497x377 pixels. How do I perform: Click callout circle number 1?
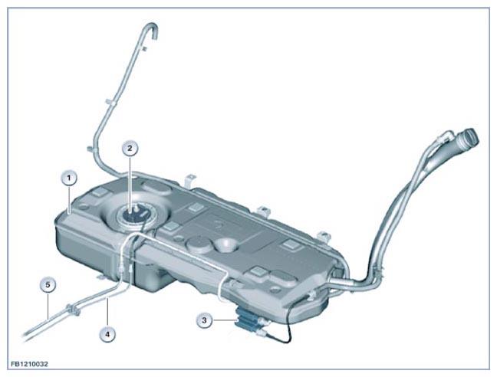click(70, 179)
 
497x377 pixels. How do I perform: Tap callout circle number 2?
click(130, 149)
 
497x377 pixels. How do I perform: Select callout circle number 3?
click(205, 320)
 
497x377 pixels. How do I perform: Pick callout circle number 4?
click(107, 334)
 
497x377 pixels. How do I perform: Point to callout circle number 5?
click(48, 285)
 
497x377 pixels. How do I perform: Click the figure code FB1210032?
click(29, 364)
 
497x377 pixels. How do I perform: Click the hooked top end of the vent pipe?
click(152, 28)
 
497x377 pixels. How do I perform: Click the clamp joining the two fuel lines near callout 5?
click(72, 310)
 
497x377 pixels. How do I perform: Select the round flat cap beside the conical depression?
click(198, 245)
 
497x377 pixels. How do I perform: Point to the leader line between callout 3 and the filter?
click(224, 320)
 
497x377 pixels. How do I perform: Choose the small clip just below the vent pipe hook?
click(144, 48)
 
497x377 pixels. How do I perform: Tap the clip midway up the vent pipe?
click(110, 102)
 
